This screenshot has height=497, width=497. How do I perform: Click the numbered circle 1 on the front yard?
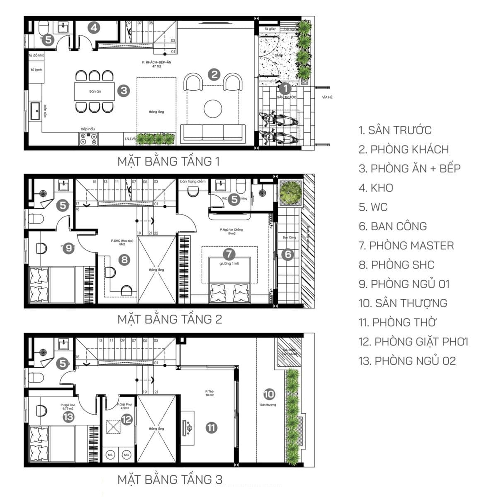285,88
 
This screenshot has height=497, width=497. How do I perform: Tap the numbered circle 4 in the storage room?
94,28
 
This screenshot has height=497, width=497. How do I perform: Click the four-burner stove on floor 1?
89,138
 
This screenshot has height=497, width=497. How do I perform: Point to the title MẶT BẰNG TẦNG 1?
169,161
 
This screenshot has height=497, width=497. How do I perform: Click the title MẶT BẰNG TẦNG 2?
170,319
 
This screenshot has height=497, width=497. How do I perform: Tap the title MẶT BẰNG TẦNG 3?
170,480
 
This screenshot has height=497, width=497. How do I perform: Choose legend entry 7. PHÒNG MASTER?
406,246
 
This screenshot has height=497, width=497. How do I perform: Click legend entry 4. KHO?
376,188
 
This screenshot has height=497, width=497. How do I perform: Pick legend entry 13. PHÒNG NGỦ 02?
407,361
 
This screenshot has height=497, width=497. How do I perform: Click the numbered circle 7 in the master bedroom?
229,254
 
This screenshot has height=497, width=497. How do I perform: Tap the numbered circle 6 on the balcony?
287,254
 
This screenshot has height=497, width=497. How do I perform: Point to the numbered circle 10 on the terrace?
269,394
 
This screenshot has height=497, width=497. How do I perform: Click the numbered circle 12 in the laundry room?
126,420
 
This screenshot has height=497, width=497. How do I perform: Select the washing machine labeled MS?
111,455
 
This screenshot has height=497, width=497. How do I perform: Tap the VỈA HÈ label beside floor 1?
327,97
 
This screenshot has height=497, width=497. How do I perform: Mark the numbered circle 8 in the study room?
124,260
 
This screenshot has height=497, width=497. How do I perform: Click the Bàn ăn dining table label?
95,91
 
